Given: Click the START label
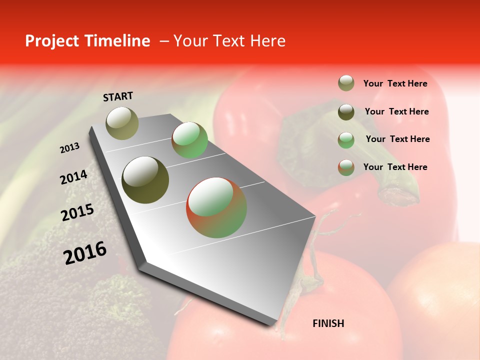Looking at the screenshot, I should tap(118, 96).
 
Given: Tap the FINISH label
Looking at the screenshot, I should tap(328, 323).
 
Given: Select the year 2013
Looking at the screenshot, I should tap(69, 148).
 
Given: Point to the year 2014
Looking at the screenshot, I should tap(73, 177).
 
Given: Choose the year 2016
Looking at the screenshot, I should tap(85, 252).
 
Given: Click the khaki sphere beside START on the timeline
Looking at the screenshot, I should tap(122, 123).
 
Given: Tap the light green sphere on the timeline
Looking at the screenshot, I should tap(189, 140).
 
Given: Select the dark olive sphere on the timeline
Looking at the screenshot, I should tap(145, 180).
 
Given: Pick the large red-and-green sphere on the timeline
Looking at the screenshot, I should tap(216, 207).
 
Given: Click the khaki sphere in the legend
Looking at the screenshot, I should tap(346, 83).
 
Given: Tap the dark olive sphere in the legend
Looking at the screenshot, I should tap(346, 112).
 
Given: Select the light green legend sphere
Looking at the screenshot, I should tap(346, 139).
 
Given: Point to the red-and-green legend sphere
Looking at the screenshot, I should tap(346, 167).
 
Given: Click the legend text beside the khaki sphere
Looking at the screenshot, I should tap(395, 83).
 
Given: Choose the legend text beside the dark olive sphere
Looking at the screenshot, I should tap(396, 111).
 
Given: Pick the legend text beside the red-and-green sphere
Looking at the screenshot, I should tap(395, 167).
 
